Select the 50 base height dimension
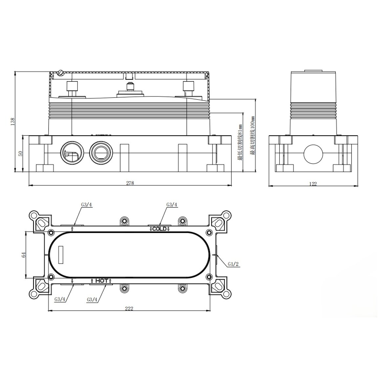coord(20,153)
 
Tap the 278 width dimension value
coord(130,183)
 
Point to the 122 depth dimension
coord(313,184)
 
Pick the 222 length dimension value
coord(129,308)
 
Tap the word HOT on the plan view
coord(101,281)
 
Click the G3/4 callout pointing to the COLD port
coord(172,204)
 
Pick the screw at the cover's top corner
coord(60,73)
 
